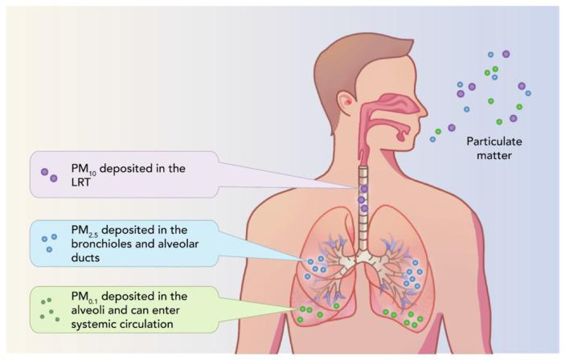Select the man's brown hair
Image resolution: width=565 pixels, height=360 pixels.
[x=346, y=56]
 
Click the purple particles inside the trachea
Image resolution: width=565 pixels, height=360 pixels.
[x=363, y=198]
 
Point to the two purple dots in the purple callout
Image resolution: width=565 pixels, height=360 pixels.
[x=49, y=174]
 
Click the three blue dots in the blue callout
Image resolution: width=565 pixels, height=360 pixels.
[x=49, y=241]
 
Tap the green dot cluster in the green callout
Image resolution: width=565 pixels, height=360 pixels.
[x=49, y=307]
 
